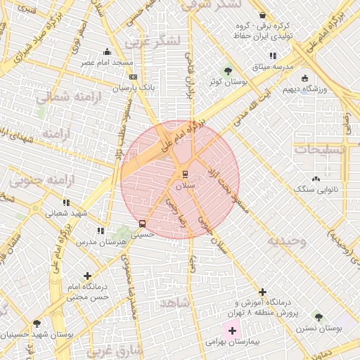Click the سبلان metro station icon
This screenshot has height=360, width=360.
pos(186,174)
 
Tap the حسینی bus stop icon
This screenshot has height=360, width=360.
pos(143,224)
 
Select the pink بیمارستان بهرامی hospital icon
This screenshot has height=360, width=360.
pos(232,330)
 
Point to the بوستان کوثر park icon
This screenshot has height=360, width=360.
pos(227,71)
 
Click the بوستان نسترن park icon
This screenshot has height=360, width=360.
pos(319,317)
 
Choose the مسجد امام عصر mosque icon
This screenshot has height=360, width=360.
pos(107,51)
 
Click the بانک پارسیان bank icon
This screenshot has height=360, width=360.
pos(134,77)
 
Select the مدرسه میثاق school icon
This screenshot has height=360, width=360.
pos(273,56)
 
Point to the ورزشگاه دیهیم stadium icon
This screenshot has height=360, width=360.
pos(304,78)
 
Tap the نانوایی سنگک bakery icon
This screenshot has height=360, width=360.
pos(316,179)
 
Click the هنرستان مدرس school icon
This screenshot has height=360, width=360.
pos(101,231)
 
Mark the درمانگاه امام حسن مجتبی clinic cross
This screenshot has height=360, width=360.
pos(87,276)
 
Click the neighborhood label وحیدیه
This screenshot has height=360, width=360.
pos(285,241)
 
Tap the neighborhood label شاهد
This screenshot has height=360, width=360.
pos(176,302)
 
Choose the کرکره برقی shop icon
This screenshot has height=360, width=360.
pos(262,15)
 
